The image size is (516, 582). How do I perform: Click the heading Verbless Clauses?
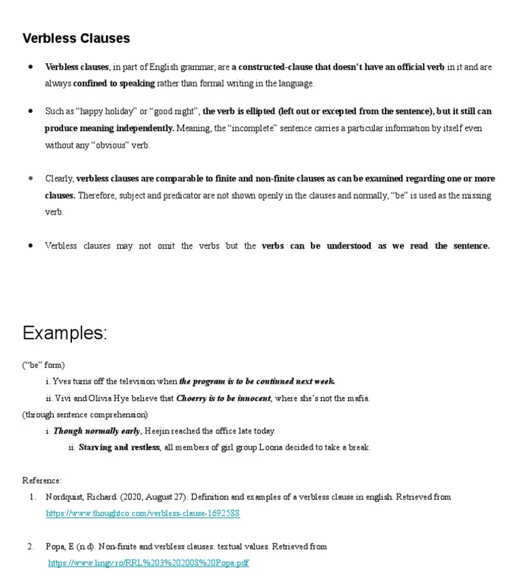[76, 38]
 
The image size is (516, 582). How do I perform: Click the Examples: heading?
[64, 333]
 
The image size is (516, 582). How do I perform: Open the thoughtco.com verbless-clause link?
[142, 513]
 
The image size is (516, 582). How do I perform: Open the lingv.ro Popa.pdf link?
[148, 563]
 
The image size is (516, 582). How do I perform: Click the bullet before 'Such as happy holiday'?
[31, 111]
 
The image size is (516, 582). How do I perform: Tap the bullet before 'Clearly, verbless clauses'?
[31, 179]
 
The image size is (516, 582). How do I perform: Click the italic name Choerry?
[191, 398]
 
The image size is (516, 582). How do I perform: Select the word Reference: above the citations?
[42, 481]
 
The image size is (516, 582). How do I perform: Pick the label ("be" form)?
[44, 365]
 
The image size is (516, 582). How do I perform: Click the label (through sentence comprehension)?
[85, 415]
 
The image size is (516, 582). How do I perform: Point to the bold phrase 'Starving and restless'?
[119, 448]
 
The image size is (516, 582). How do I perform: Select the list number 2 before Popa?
[31, 546]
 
